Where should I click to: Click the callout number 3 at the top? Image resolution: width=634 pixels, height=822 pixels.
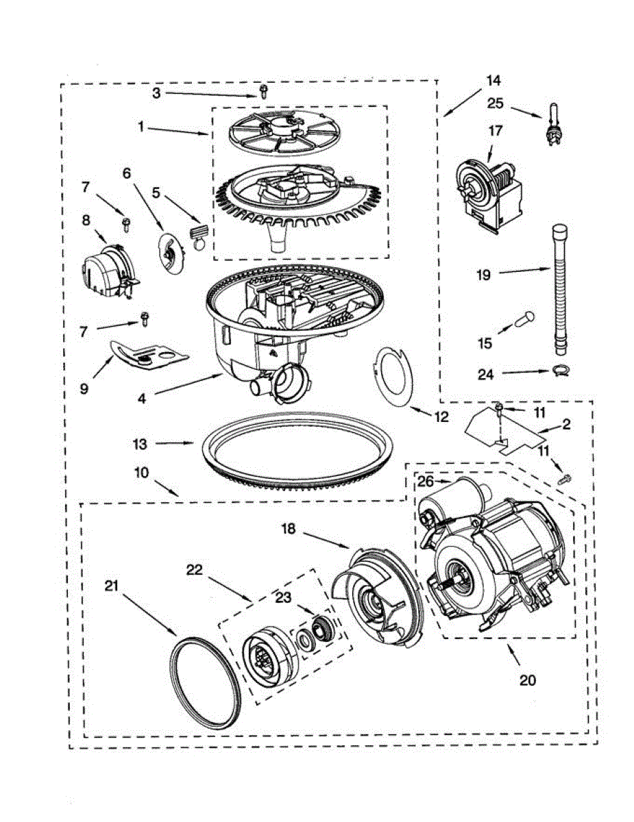coord(156,92)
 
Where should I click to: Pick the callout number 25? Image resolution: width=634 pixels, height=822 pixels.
coord(495,103)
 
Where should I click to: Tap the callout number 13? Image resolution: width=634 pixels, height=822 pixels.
coord(140,444)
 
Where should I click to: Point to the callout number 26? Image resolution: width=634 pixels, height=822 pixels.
coord(426,482)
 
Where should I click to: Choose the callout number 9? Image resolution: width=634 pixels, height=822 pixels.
coord(84,388)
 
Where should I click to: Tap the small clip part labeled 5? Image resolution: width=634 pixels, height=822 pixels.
coord(199,232)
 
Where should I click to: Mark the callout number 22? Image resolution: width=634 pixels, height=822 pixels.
coord(195,569)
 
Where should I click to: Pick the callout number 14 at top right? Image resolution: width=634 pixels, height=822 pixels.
coord(493,80)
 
